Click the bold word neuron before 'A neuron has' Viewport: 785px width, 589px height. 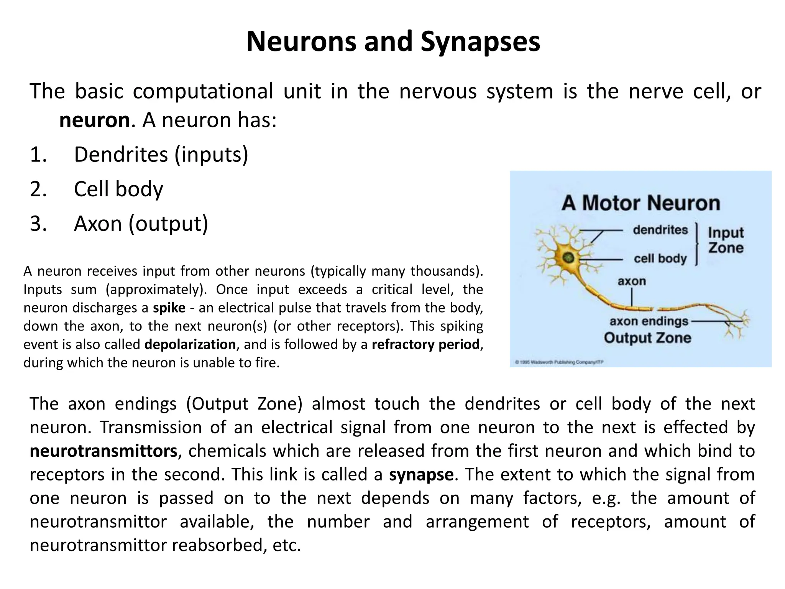94,120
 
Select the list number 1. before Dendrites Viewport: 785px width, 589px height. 38,155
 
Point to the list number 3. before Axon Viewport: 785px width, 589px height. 38,224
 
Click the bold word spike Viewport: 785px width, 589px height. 169,308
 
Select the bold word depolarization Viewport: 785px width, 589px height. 190,344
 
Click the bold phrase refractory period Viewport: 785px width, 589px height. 425,344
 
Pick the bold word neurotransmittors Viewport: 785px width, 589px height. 103,451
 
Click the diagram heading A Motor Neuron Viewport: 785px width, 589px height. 641,203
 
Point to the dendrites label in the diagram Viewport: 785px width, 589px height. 660,230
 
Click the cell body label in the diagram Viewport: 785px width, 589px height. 660,258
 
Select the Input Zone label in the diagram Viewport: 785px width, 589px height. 726,240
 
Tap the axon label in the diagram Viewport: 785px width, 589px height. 632,281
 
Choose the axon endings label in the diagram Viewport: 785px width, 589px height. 649,321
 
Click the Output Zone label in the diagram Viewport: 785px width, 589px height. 647,338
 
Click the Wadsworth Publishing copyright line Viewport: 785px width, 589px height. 559,362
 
